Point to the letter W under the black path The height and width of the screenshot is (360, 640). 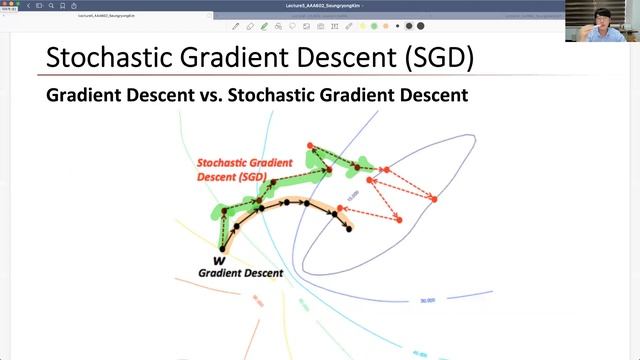pyautogui.click(x=218, y=259)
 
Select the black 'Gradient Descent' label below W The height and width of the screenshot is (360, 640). pyautogui.click(x=240, y=272)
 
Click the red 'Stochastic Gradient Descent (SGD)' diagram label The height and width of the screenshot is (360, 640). pyautogui.click(x=244, y=170)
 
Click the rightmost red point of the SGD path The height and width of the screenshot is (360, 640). pyautogui.click(x=434, y=200)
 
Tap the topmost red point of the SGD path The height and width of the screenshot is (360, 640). pyautogui.click(x=311, y=147)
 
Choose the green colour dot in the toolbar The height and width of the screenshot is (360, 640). pyautogui.click(x=373, y=26)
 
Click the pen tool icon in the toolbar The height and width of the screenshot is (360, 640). pyautogui.click(x=236, y=26)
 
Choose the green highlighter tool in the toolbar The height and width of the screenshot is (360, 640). pyautogui.click(x=264, y=26)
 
